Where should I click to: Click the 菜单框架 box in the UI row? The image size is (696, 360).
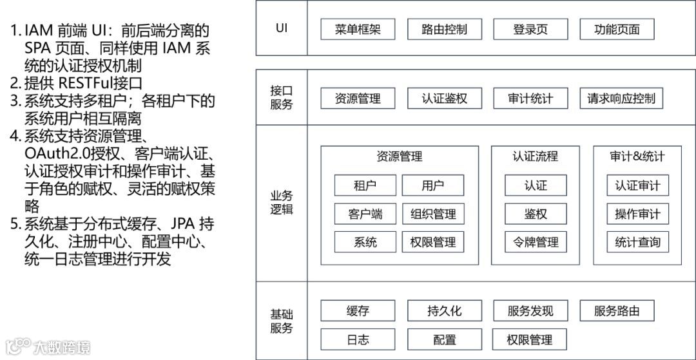(x=358, y=29)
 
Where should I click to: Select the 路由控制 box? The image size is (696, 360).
(x=445, y=29)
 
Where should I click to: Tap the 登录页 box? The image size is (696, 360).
(x=531, y=29)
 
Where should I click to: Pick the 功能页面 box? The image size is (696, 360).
(x=617, y=29)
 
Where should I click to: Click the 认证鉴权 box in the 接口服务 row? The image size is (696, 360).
(x=445, y=99)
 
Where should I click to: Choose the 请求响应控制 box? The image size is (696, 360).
(x=621, y=99)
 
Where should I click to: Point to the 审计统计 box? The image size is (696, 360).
(x=531, y=99)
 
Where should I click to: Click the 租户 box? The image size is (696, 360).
(x=365, y=185)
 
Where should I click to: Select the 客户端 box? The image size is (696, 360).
(x=365, y=214)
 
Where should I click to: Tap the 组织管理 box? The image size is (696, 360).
(x=433, y=214)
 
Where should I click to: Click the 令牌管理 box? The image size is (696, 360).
(x=536, y=242)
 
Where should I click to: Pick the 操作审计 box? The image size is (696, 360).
(x=637, y=214)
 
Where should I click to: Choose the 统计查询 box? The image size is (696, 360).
(x=637, y=242)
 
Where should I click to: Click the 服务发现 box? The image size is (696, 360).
(x=531, y=311)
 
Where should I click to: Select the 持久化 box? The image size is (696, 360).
(x=445, y=311)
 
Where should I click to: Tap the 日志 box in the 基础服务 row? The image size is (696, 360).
(x=358, y=339)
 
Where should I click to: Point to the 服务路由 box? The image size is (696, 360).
(x=617, y=311)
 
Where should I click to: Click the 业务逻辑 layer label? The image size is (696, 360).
(x=282, y=202)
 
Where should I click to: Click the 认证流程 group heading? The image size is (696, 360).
(x=536, y=156)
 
